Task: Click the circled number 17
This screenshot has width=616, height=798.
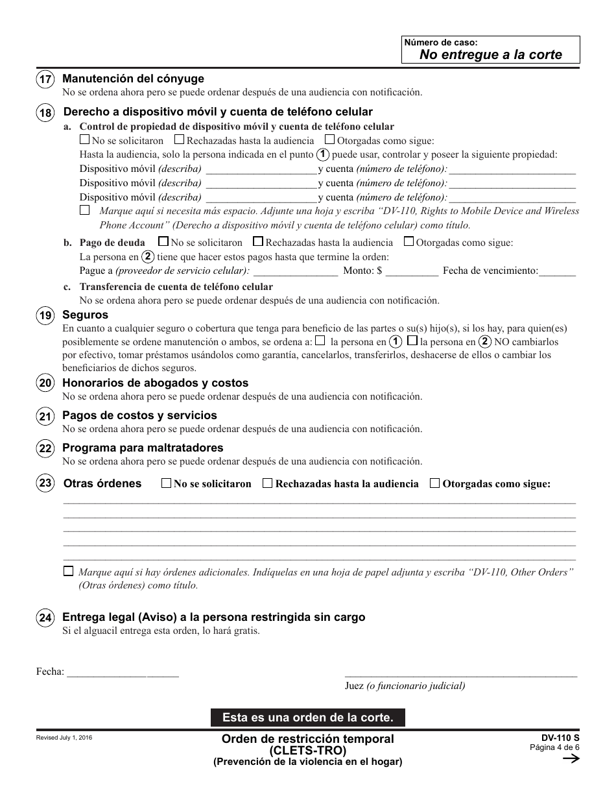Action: (x=45, y=80)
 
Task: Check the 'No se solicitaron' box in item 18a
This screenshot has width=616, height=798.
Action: (x=84, y=139)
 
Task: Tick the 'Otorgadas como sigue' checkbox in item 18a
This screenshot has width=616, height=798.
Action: (x=329, y=139)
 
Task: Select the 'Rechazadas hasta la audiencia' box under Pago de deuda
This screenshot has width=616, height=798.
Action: (x=258, y=242)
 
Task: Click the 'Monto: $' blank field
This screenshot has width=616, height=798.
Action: (x=412, y=271)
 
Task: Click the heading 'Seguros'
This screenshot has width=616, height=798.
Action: (x=85, y=315)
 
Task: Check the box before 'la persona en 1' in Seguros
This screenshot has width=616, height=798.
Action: (x=320, y=341)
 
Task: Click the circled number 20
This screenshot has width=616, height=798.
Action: (x=45, y=384)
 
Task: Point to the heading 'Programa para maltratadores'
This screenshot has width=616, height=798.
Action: (x=143, y=448)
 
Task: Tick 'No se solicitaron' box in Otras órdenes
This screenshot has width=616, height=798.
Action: (x=166, y=483)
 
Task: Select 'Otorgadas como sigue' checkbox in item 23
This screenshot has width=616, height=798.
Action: (x=434, y=483)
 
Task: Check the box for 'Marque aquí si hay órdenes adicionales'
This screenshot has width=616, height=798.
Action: (x=68, y=572)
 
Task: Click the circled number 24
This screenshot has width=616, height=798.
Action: (x=45, y=619)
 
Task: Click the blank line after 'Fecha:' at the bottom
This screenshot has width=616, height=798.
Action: (x=123, y=672)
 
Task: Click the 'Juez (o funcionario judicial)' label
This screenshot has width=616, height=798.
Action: (x=405, y=686)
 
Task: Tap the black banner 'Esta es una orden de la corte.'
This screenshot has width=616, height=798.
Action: (x=307, y=718)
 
